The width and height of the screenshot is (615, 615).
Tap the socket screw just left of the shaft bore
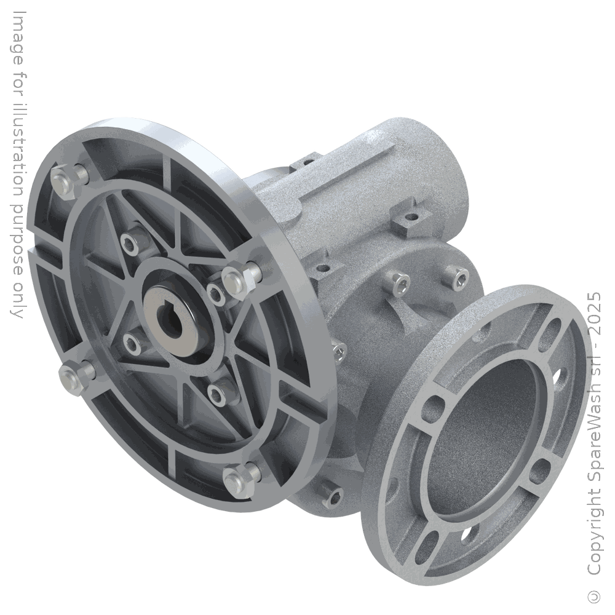tap(131, 342)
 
